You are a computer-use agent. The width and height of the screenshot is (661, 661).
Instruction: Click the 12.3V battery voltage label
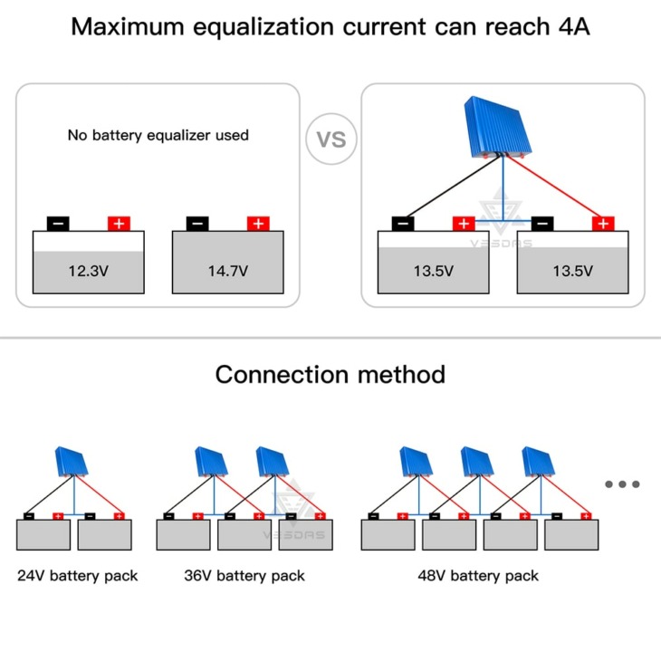(x=89, y=271)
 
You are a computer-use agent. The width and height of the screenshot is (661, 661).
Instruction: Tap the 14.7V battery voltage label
(x=228, y=271)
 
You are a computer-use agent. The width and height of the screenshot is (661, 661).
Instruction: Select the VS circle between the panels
(x=331, y=139)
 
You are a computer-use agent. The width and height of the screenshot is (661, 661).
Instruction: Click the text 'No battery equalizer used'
(x=158, y=135)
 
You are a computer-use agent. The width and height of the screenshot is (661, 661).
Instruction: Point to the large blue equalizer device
(x=497, y=128)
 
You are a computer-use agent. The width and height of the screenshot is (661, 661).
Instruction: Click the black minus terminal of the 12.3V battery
(x=58, y=224)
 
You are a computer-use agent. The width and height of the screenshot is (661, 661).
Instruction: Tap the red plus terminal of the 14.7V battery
(x=258, y=224)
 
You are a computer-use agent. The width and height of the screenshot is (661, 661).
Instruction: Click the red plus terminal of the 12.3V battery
(x=119, y=224)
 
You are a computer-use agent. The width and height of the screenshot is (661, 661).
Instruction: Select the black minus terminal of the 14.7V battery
(x=197, y=224)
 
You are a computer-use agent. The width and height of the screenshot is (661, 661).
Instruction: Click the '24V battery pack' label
(x=78, y=576)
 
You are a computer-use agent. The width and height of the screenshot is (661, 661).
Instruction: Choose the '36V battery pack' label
(x=244, y=576)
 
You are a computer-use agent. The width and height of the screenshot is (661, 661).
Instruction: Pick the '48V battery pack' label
(x=478, y=576)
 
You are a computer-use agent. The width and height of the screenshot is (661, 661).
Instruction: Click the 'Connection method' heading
(x=330, y=374)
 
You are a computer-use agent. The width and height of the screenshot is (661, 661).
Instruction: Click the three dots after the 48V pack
(x=622, y=484)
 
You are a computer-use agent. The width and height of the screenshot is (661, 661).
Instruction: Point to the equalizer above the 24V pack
(x=72, y=462)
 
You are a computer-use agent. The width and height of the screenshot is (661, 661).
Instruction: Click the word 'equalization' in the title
(x=263, y=27)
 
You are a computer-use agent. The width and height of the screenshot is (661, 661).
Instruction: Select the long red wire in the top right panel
(x=554, y=187)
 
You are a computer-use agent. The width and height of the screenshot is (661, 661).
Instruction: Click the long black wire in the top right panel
(x=453, y=187)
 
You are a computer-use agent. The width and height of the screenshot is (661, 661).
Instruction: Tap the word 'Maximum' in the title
(x=128, y=26)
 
